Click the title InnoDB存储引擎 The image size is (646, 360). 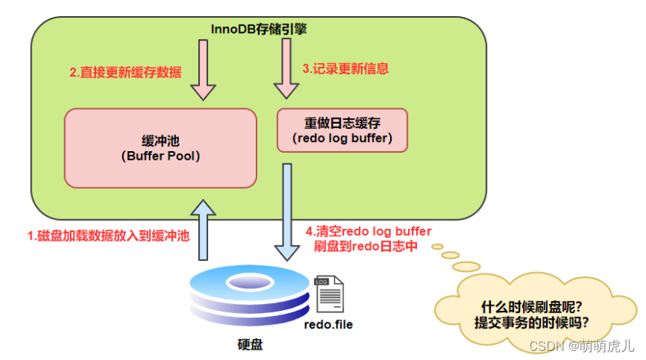tap(259, 28)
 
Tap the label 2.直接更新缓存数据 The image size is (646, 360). tap(126, 73)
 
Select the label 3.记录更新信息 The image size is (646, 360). tap(346, 68)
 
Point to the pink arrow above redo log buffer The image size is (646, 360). tap(287, 70)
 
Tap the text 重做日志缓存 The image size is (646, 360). tap(343, 123)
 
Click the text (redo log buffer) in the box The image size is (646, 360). tap(343, 138)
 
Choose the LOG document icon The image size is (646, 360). tap(328, 294)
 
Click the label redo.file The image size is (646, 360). tap(328, 325)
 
